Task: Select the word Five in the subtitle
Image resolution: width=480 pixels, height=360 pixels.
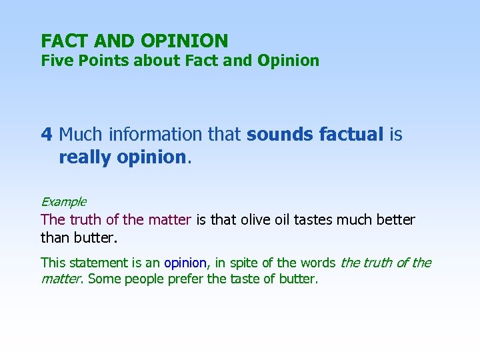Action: click(x=54, y=61)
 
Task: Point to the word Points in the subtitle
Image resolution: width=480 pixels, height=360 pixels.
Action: click(x=94, y=61)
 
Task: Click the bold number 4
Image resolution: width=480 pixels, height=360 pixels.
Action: click(x=46, y=135)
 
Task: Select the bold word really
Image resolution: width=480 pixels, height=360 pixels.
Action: click(x=84, y=157)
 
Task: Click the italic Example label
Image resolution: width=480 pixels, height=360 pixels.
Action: click(x=63, y=201)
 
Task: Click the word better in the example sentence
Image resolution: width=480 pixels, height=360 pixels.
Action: click(x=395, y=219)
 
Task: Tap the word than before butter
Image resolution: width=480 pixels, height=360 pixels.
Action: click(x=53, y=237)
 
